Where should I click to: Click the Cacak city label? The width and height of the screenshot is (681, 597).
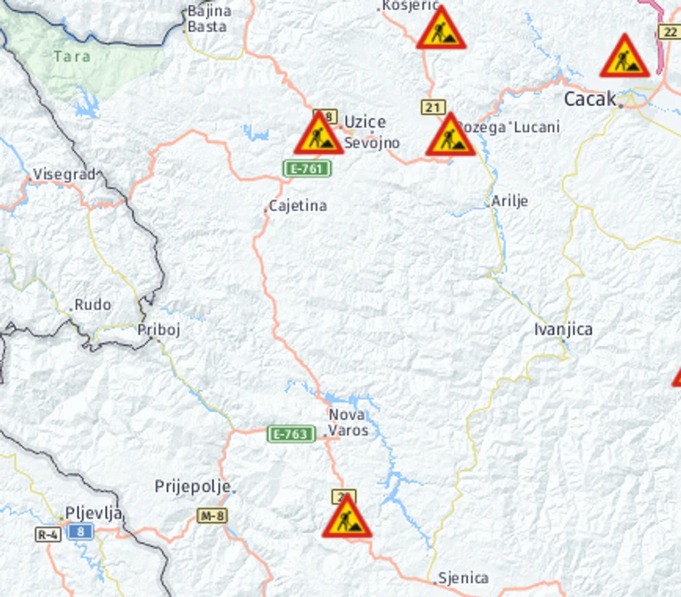[x=590, y=99]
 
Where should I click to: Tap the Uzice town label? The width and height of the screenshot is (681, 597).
[x=364, y=122]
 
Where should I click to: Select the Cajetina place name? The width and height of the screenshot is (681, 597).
[x=298, y=206]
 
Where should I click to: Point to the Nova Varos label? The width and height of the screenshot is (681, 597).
[x=348, y=423]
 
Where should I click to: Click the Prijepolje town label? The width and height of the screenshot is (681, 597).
[x=193, y=486]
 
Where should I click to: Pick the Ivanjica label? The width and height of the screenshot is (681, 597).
[x=563, y=329]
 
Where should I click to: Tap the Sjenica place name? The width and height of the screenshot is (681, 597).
[x=463, y=578]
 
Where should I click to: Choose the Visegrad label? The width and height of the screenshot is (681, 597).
[x=64, y=174]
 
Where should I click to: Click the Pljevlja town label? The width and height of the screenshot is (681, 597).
[x=93, y=514]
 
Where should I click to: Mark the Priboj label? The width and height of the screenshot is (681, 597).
[x=159, y=330]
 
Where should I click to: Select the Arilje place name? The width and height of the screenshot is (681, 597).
[x=509, y=201]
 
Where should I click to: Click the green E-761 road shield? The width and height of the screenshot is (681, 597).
[x=307, y=169]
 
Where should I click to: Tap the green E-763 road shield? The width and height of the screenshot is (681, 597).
[x=291, y=435]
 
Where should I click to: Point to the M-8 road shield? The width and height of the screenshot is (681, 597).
[x=212, y=516]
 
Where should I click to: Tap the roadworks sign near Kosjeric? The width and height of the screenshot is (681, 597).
[x=440, y=30]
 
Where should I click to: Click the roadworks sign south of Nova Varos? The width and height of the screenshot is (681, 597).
[x=347, y=518]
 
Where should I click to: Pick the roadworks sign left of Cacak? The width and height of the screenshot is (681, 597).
[x=624, y=57]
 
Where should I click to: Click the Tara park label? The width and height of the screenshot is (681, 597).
[x=72, y=56]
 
